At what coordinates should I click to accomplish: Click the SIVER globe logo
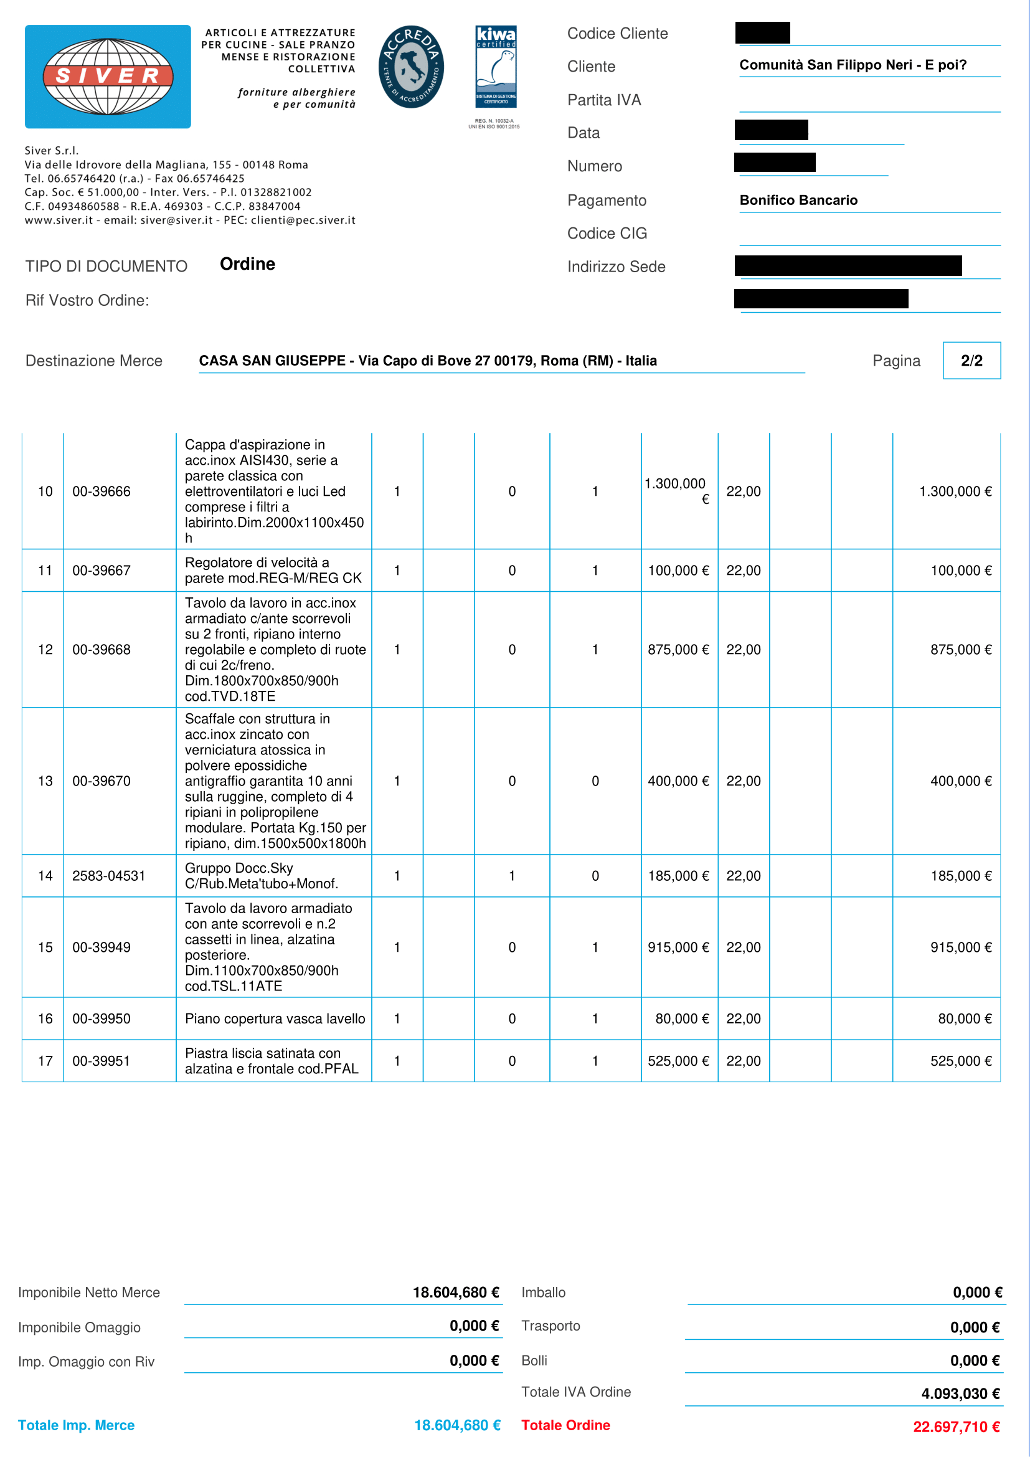coord(108,76)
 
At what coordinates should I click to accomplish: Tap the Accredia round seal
coord(411,67)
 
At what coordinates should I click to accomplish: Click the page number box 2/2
coord(971,361)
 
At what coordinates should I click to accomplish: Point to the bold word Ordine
coord(247,264)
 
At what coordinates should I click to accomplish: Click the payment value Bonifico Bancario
coord(798,201)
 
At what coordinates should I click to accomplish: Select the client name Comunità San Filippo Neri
coord(853,65)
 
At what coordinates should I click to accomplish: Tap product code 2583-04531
coord(108,876)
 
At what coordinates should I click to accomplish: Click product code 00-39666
coord(102,491)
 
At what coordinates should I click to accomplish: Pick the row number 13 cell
coord(45,781)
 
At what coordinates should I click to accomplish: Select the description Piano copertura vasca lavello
coord(275,1018)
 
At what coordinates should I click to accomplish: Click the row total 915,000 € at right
coord(960,947)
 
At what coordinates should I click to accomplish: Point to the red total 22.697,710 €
coord(956,1427)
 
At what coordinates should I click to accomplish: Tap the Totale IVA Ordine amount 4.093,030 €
coord(960,1393)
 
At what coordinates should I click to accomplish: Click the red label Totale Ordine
coord(565,1425)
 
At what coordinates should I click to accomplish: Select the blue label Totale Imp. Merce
coord(76,1425)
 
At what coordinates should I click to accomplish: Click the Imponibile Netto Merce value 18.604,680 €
coord(455,1293)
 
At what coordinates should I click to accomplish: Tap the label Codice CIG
coord(607,234)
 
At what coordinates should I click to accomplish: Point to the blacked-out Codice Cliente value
coord(762,33)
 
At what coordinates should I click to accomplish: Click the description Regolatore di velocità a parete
coord(273,571)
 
